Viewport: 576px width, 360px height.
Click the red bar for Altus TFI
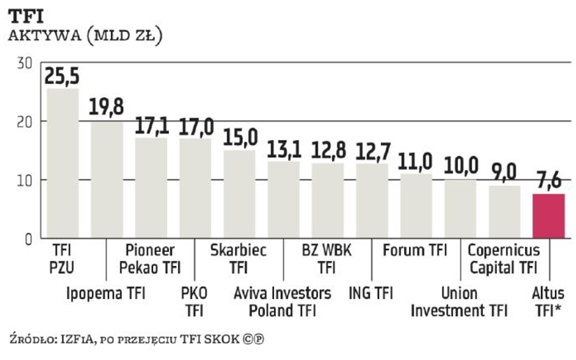548,216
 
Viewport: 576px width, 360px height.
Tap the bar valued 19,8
107,179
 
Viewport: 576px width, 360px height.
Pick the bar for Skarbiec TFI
239,194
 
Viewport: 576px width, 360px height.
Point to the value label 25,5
63,77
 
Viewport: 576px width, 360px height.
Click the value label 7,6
548,182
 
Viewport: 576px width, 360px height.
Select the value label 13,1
284,149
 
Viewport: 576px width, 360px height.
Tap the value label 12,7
372,151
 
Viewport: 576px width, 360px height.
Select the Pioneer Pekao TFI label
150,258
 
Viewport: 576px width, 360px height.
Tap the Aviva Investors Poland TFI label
283,302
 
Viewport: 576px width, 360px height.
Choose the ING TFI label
371,294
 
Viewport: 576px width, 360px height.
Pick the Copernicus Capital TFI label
503,258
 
